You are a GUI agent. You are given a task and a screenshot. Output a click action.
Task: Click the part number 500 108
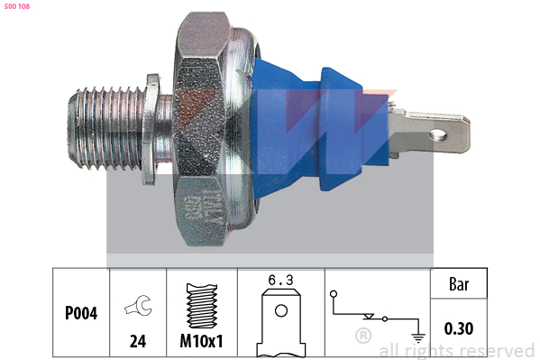(x=17, y=6)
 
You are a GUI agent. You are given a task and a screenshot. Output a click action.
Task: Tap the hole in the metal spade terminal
(x=439, y=134)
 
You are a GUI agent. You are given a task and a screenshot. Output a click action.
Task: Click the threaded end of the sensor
(x=105, y=129)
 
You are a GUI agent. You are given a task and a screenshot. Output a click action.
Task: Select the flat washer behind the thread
(x=151, y=129)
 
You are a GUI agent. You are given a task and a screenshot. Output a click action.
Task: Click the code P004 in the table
(x=81, y=313)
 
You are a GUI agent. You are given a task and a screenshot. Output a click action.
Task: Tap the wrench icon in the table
(x=139, y=305)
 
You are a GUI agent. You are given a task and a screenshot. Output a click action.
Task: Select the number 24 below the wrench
(x=138, y=341)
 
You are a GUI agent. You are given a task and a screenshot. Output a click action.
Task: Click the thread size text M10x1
(x=201, y=341)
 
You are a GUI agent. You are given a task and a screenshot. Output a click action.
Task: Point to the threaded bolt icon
(x=202, y=306)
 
